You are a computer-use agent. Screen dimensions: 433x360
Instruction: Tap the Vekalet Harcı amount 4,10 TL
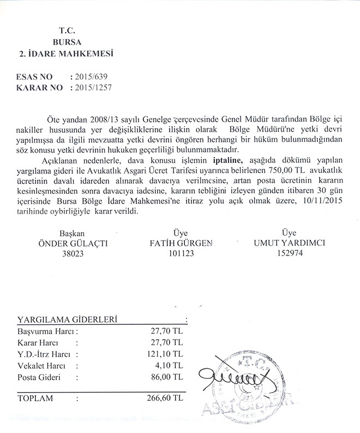[169, 365]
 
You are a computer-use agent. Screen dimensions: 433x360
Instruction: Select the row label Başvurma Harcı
[45, 331]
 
